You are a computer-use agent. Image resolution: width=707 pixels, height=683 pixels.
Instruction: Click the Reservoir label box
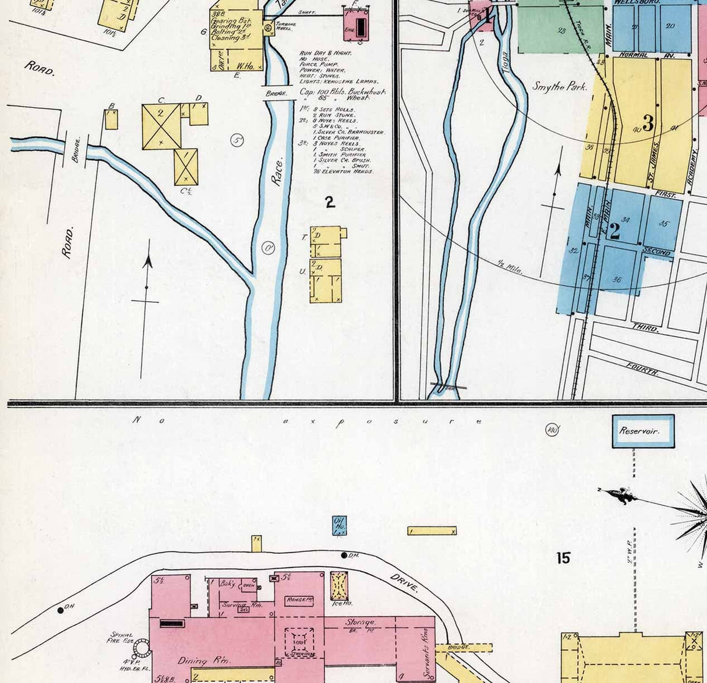[643, 431]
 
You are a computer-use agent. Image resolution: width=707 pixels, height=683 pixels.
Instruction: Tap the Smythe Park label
[560, 87]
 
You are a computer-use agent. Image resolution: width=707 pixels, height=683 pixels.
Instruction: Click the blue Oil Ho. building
[339, 525]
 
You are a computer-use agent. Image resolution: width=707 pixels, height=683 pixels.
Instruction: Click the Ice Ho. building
[340, 586]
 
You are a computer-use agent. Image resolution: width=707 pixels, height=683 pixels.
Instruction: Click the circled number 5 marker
[236, 140]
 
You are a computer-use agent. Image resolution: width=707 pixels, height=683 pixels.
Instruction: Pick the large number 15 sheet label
[563, 558]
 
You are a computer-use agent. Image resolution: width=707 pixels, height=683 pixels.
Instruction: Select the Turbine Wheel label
[286, 26]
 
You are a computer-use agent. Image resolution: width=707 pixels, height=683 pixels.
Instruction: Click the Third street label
[645, 328]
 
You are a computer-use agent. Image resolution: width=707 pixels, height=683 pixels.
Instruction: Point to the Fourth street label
[642, 369]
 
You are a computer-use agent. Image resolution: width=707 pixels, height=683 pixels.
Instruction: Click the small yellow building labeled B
[111, 119]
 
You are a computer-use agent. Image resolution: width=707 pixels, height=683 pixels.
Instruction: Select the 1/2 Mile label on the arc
[510, 267]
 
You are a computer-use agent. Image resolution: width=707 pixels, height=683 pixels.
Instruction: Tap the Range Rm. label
[299, 600]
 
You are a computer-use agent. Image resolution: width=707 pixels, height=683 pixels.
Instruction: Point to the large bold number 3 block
[648, 123]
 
